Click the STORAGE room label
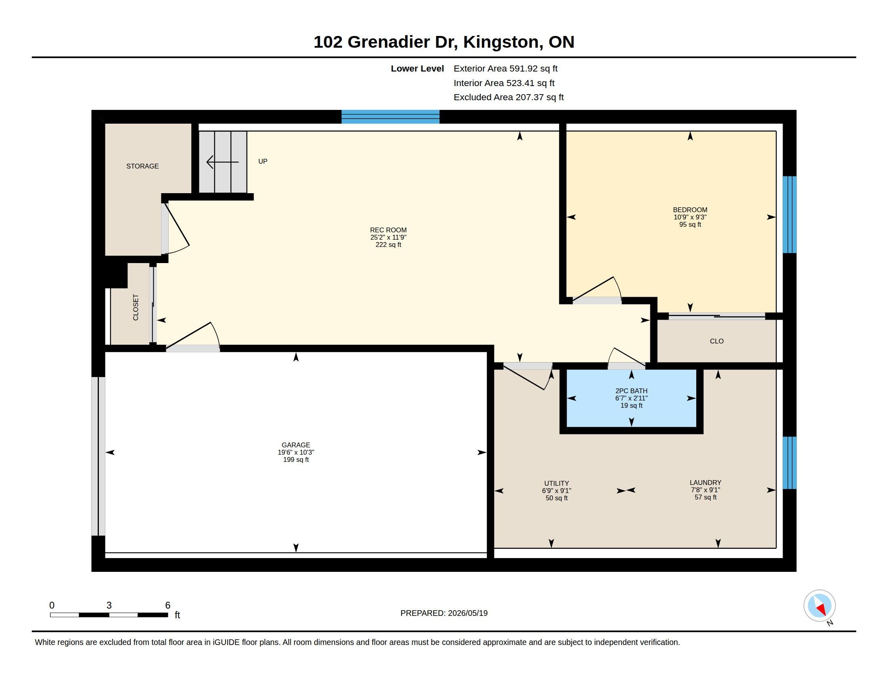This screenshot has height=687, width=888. [142, 166]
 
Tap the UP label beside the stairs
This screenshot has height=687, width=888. [263, 161]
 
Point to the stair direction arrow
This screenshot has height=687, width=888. [222, 162]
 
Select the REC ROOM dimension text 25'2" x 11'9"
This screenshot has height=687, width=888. [388, 237]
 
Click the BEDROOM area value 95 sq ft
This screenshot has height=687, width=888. [690, 224]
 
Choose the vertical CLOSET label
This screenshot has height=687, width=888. [136, 307]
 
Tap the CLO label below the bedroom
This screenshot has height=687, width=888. [716, 341]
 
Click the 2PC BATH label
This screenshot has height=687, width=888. [631, 391]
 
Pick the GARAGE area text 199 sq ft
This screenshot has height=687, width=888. [296, 459]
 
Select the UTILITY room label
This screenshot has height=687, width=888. [557, 483]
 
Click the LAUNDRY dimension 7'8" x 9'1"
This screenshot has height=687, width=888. [706, 490]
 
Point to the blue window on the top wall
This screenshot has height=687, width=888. [390, 117]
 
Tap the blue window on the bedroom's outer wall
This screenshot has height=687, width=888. [790, 215]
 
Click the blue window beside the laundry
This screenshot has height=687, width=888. [790, 463]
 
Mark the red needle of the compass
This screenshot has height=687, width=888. [822, 609]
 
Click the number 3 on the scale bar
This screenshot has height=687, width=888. [109, 605]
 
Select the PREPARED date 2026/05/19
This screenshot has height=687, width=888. [467, 613]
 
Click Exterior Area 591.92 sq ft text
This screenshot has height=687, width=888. [505, 68]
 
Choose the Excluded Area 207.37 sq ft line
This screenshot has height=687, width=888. [509, 97]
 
